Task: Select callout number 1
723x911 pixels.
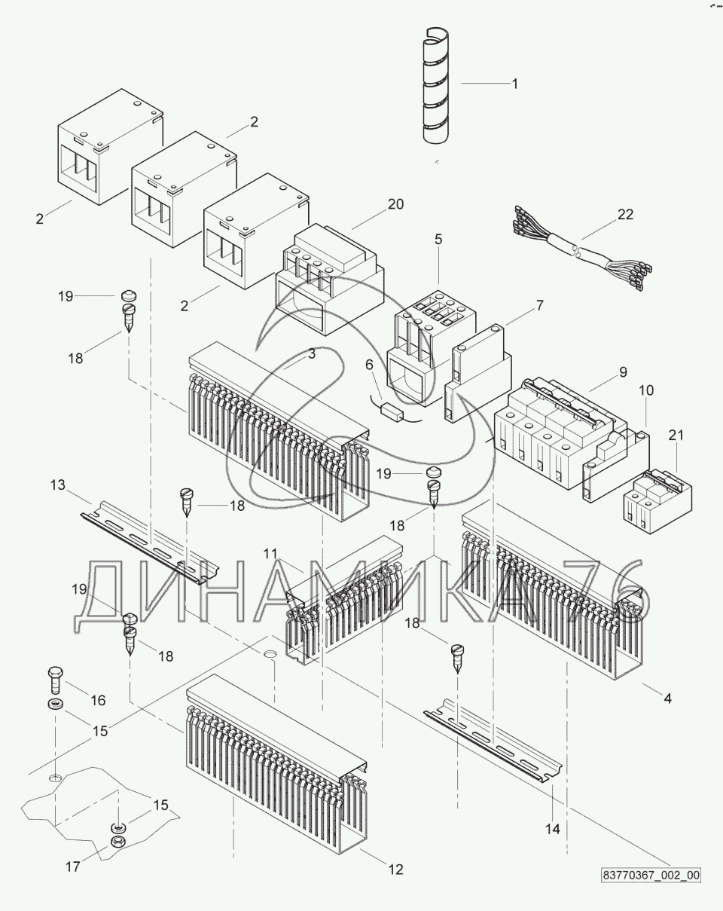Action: pos(515,84)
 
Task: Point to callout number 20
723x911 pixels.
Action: pos(395,204)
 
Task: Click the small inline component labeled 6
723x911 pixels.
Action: pos(392,411)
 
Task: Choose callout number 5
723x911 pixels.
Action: pos(438,239)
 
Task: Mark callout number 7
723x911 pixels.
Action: pos(538,305)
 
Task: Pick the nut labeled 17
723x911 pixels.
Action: pos(117,841)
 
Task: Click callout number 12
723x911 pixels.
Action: pos(395,870)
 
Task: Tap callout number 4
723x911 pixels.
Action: pos(667,698)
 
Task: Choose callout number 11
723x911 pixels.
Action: pos(272,554)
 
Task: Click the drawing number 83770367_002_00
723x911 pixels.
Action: pos(651,876)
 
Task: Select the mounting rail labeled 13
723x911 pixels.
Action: pos(143,543)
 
